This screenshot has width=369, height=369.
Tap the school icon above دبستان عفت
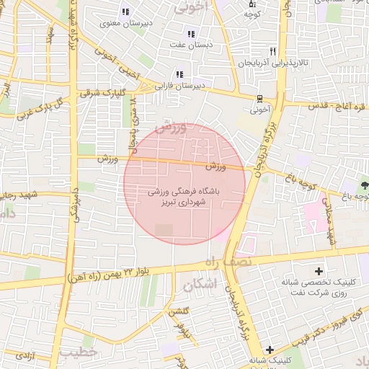coord(191,34)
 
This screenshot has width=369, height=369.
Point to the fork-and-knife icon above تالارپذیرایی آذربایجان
coord(272,51)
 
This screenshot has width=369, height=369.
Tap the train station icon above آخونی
coord(259,99)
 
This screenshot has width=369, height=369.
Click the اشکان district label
coord(200,283)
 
